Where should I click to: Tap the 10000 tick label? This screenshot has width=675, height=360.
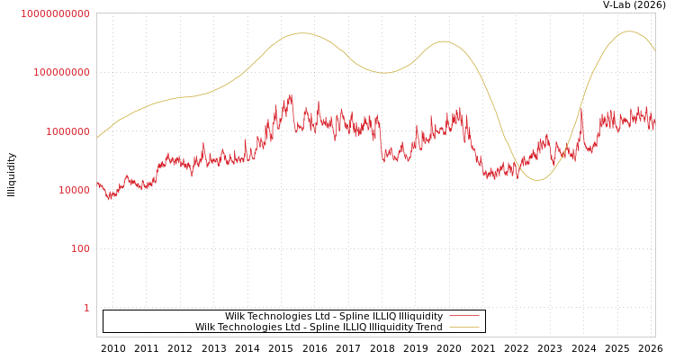[73, 190]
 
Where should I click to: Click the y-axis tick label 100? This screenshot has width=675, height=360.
[80, 248]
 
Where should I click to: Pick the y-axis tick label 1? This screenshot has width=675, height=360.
[86, 308]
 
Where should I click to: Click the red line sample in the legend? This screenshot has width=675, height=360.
[463, 316]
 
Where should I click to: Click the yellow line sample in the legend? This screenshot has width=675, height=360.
[463, 328]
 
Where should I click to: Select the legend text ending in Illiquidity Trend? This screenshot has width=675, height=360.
[319, 328]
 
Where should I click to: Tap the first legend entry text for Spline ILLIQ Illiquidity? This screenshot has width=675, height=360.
[333, 316]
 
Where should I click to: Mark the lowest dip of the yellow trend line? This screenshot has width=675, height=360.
[537, 180]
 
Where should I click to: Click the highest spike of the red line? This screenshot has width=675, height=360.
[291, 95]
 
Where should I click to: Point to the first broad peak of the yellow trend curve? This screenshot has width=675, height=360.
[301, 33]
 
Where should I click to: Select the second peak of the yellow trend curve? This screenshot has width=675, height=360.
[443, 40]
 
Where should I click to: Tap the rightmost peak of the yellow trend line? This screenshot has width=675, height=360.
[629, 31]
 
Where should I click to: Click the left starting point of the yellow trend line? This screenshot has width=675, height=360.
[97, 138]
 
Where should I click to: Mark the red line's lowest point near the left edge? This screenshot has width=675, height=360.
[109, 198]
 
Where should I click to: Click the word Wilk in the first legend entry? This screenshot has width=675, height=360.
[235, 316]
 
